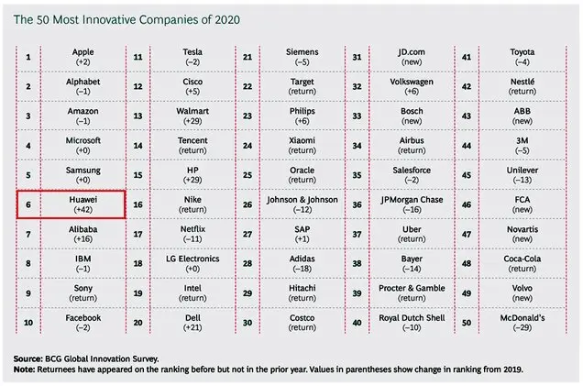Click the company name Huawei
click(82, 200)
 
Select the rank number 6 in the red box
click(28, 204)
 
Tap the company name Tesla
click(192, 52)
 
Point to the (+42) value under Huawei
click(82, 210)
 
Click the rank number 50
click(467, 323)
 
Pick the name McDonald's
click(522, 318)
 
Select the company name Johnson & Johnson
click(302, 200)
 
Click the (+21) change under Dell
click(192, 327)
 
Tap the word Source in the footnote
click(27, 358)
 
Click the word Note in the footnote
click(24, 369)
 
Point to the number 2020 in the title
click(227, 19)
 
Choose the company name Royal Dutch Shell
click(412, 318)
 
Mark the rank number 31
click(357, 57)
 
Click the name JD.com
click(412, 52)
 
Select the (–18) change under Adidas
click(302, 269)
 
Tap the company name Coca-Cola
click(522, 259)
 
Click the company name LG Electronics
click(192, 259)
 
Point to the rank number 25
click(247, 175)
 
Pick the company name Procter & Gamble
click(412, 288)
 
